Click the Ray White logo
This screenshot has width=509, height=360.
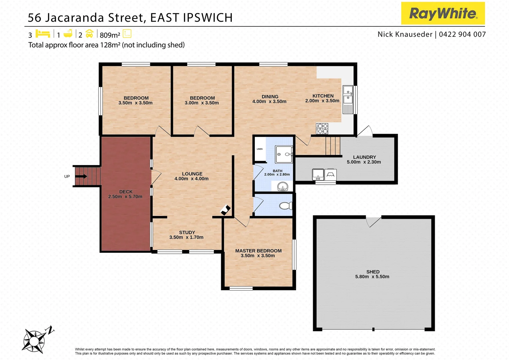pyautogui.click(x=443, y=13)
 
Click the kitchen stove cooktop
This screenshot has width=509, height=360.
pyautogui.click(x=322, y=128)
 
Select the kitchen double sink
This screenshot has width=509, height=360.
pyautogui.click(x=348, y=95)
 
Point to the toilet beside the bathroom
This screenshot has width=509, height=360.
pyautogui.click(x=285, y=206)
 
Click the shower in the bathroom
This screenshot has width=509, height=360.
pyautogui.click(x=283, y=154)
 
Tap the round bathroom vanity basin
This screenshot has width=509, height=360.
pyautogui.click(x=282, y=186)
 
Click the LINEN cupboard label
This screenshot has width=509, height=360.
pyautogui.click(x=259, y=149)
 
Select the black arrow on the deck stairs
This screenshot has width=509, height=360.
pyautogui.click(x=81, y=176)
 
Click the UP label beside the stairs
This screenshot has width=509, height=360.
pyautogui.click(x=67, y=176)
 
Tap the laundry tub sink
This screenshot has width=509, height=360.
pyautogui.click(x=318, y=174)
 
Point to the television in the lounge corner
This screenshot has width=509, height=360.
pyautogui.click(x=226, y=210)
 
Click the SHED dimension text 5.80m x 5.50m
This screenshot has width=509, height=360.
pyautogui.click(x=372, y=277)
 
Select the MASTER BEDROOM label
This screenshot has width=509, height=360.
pyautogui.click(x=258, y=251)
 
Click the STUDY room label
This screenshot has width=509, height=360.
pyautogui.click(x=187, y=232)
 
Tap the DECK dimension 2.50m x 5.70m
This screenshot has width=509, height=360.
pyautogui.click(x=125, y=197)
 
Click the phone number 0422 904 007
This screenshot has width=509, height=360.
pyautogui.click(x=462, y=34)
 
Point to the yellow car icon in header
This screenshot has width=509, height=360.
pyautogui.click(x=89, y=34)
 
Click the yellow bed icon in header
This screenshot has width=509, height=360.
pyautogui.click(x=43, y=34)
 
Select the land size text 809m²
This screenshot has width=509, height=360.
pyautogui.click(x=110, y=35)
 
